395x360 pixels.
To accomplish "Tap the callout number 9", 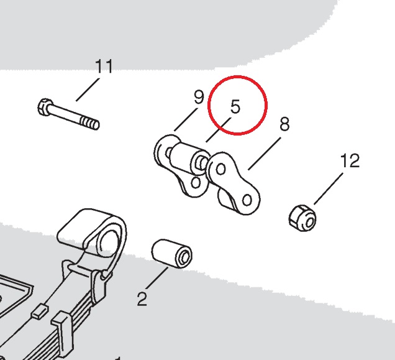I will point(198,97).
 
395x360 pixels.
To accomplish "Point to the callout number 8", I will point(284,124).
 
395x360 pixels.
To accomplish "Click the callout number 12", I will point(350,161).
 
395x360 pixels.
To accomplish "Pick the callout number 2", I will point(142,300).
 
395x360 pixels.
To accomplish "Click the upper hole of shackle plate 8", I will point(220,167).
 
